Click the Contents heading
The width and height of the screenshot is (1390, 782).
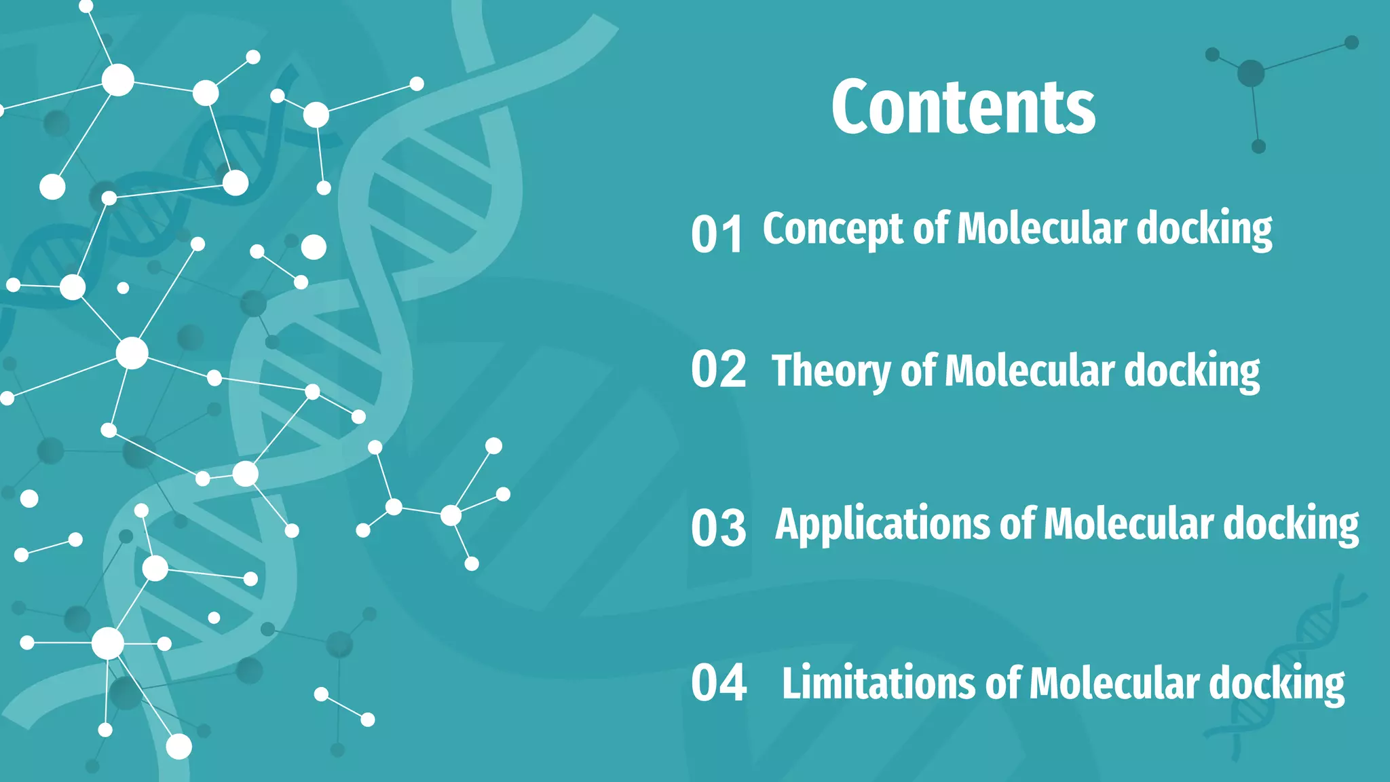tap(963, 107)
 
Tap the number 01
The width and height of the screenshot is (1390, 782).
tap(717, 235)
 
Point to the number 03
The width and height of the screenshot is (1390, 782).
tap(718, 528)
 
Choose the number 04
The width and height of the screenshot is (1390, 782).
tap(719, 682)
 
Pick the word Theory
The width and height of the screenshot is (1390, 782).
tap(831, 372)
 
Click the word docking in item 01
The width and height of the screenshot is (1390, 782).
tap(1204, 229)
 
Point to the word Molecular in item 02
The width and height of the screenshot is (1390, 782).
tap(1029, 371)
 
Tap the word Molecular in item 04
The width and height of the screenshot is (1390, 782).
tap(1114, 683)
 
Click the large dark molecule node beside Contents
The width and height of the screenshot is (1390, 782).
tap(1251, 73)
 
